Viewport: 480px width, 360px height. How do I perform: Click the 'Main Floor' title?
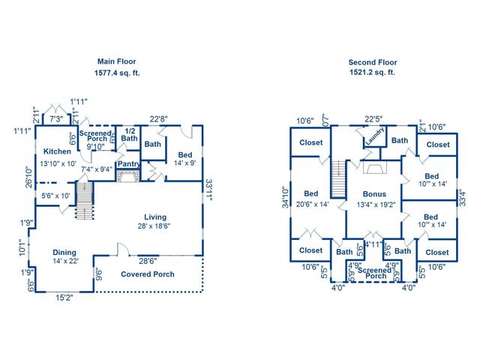coord(118,61)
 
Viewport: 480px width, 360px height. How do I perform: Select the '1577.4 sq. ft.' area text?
coord(118,73)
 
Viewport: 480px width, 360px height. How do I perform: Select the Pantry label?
coord(128,164)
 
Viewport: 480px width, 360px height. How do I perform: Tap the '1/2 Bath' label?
coord(129,134)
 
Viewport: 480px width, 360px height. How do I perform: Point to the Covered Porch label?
coord(148,274)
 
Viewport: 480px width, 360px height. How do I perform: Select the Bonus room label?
coord(374,193)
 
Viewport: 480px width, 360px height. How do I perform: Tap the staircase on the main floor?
coord(83,201)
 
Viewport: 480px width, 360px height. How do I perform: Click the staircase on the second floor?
coord(337,178)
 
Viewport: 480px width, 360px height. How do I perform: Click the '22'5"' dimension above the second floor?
coord(373,118)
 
